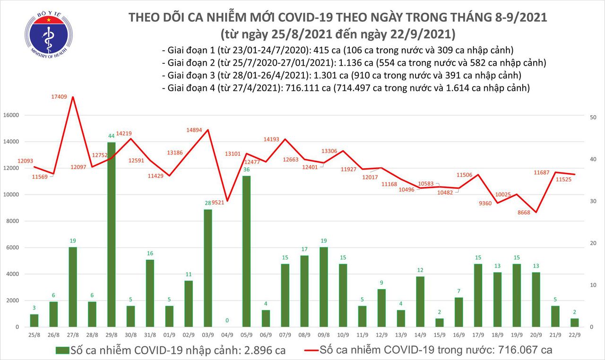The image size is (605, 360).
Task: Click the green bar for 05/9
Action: pos(247,251)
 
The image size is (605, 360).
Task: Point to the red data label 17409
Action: pos(60,97)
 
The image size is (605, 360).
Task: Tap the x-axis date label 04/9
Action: pos(227,334)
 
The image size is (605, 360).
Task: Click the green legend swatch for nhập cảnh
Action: pos(62,350)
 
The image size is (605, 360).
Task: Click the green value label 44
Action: pos(112,136)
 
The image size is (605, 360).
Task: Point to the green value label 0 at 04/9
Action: pos(227,320)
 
